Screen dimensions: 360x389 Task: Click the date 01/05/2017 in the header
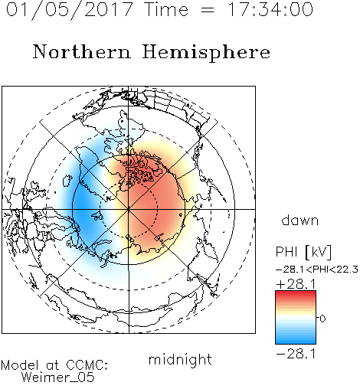[x=70, y=10]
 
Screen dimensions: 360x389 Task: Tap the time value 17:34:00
[x=270, y=9]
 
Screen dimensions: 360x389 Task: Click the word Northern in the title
[x=82, y=51]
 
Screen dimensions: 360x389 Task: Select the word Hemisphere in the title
[x=206, y=53]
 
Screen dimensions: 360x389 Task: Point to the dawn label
[x=300, y=220]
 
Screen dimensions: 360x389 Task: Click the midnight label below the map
[x=180, y=360]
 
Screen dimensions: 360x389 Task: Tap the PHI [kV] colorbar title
[x=303, y=252]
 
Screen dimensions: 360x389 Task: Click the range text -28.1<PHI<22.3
[x=317, y=270]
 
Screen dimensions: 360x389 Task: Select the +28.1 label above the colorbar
[x=296, y=284]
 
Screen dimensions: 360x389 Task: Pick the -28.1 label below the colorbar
[x=296, y=354]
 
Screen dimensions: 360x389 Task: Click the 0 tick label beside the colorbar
[x=322, y=319]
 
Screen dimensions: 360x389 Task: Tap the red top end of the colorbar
[x=296, y=293]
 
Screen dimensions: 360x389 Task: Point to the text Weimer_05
[x=58, y=378]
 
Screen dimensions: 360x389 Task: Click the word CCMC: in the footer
[x=87, y=365]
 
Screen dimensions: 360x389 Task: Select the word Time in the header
[x=166, y=9]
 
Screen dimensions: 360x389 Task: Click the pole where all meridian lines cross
[x=129, y=209]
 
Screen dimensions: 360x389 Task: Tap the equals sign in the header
[x=208, y=11]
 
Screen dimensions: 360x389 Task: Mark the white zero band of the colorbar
[x=296, y=318]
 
